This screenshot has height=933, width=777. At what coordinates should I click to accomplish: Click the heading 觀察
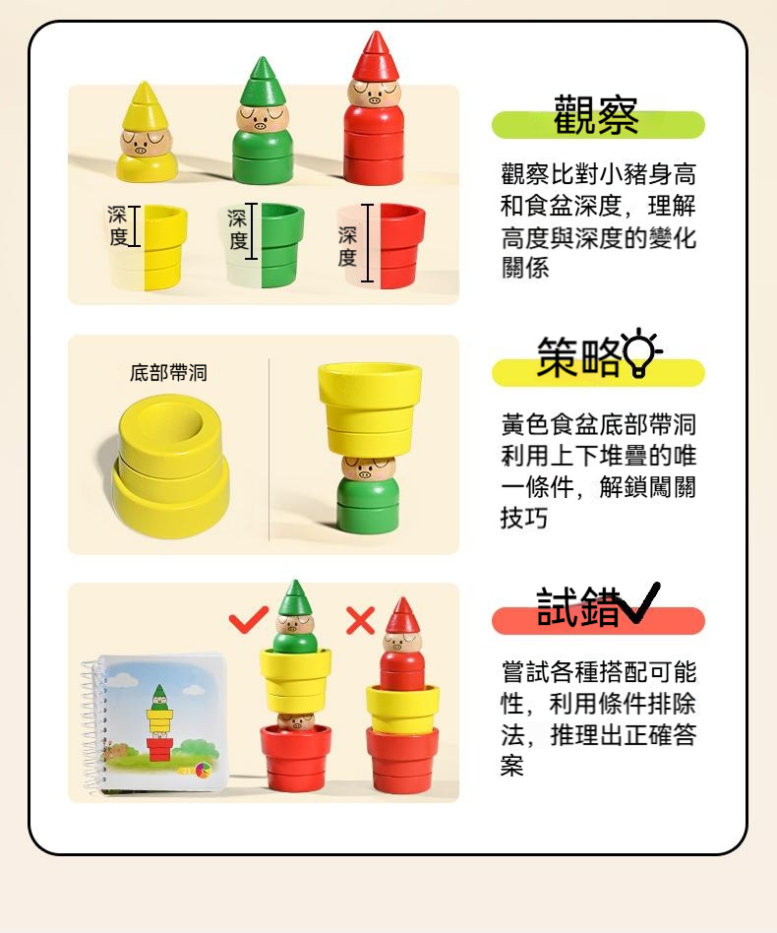pos(596,115)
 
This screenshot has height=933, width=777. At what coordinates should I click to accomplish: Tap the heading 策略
pos(578,357)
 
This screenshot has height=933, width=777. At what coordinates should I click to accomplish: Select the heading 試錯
pos(578,607)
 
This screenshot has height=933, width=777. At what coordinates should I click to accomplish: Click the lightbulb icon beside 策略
pos(641,352)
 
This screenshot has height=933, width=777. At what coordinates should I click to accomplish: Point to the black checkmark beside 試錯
pos(639,602)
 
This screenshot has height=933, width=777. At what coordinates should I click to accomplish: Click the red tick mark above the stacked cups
pos(248,619)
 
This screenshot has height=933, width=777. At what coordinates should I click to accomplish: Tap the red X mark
pos(360,621)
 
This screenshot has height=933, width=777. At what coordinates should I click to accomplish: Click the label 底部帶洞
pos(168,373)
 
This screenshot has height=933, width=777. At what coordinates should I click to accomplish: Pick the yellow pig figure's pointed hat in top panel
pos(144,106)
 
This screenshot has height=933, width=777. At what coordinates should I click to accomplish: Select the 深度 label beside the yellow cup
pos(118,226)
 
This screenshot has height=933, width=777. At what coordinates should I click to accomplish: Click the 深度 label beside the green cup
pos(237,229)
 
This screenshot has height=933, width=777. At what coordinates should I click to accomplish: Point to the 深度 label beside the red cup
pos(348,246)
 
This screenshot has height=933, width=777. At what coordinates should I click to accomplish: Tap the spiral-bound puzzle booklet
pos(154,724)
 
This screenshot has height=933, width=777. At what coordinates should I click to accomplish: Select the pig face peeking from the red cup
pos(295,721)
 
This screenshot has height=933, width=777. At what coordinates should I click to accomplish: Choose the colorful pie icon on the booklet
pos(204,771)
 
